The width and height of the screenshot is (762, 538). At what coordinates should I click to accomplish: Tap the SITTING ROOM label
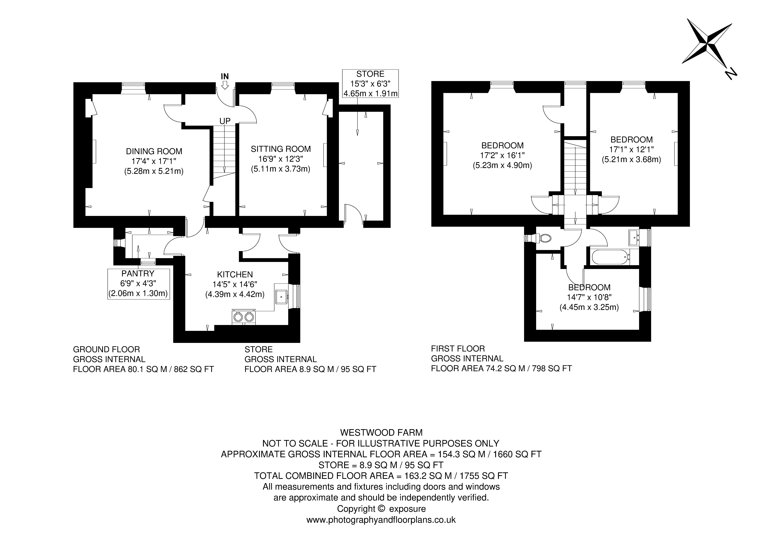pos(281,149)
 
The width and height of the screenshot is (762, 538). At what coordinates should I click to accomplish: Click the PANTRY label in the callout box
pos(138,274)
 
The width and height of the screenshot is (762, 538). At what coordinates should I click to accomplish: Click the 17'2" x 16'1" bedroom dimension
pos(502,155)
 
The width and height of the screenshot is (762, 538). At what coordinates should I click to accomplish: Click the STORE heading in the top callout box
pos(370,74)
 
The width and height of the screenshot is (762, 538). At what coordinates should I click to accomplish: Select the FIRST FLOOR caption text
pos(458,349)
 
